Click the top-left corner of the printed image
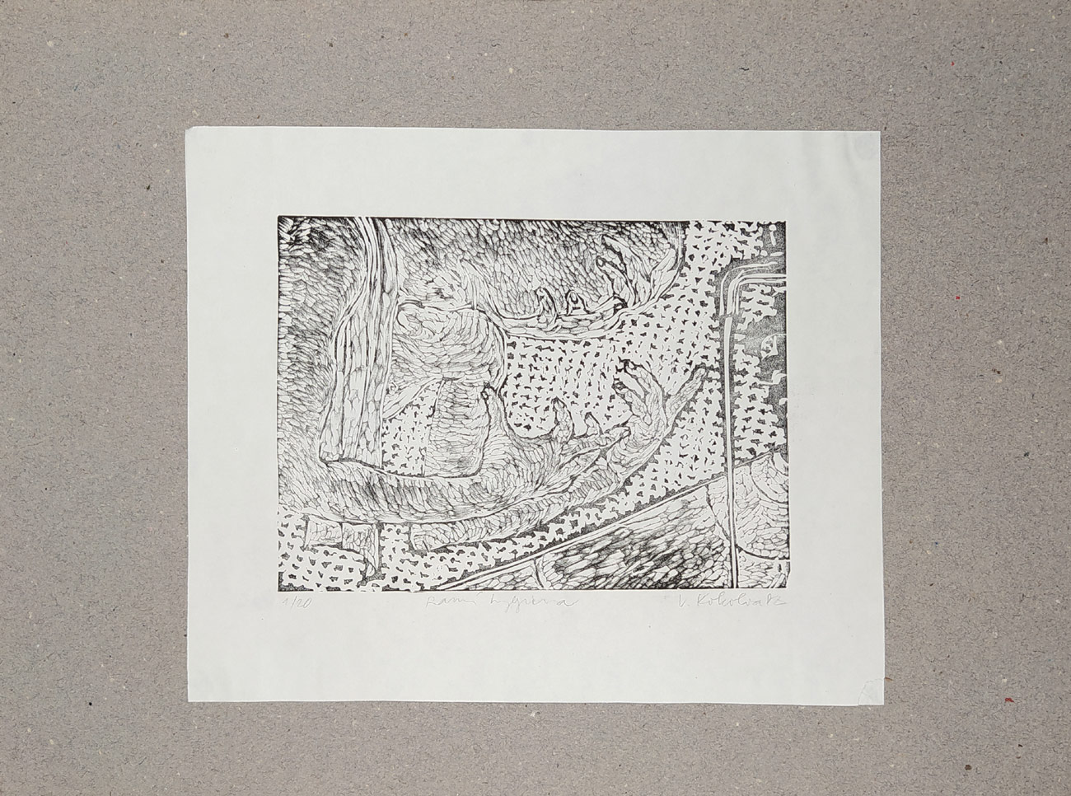pos(278,215)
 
